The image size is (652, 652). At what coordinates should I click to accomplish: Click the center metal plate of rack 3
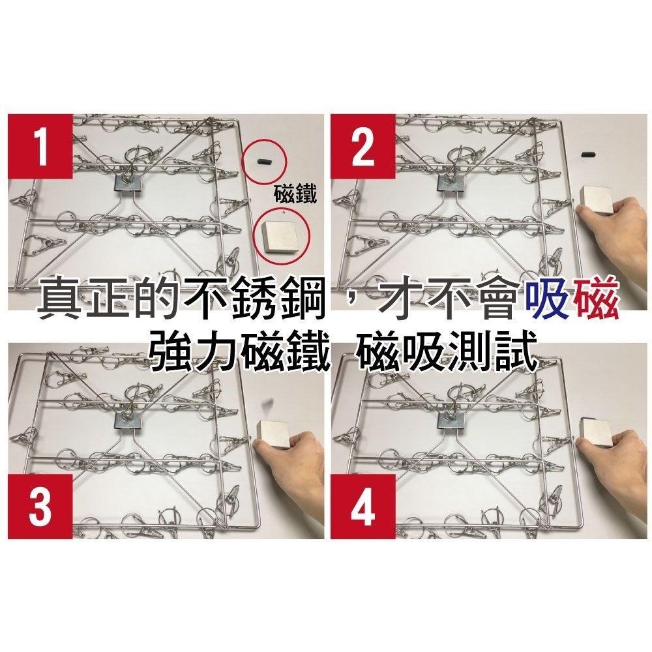[x=127, y=421]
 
